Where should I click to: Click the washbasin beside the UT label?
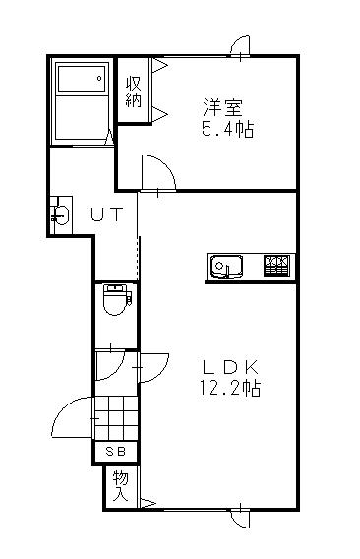61,214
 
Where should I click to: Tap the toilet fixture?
115,300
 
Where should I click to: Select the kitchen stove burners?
276,266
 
